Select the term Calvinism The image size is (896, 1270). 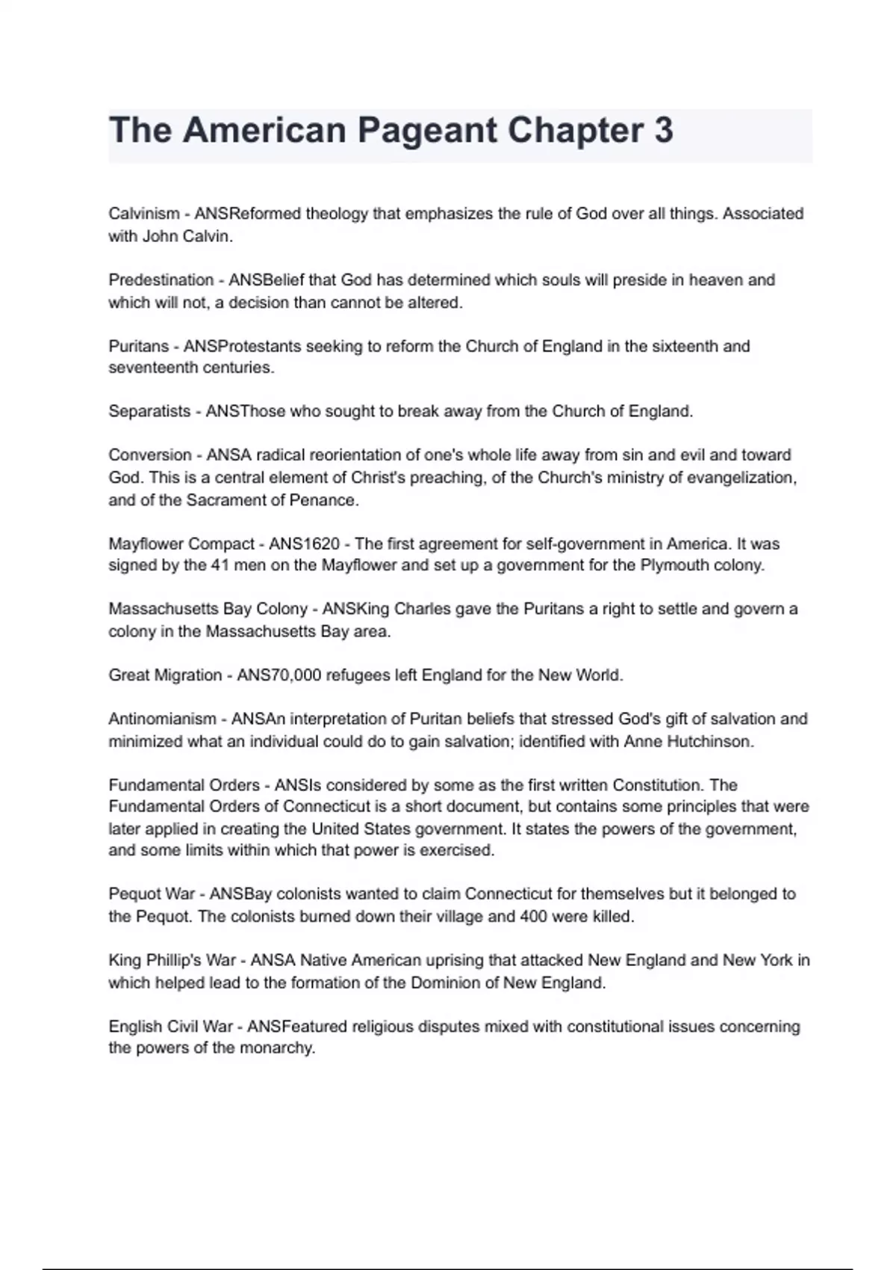[x=144, y=214]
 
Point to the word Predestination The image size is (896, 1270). [x=161, y=280]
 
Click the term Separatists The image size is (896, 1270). [x=149, y=411]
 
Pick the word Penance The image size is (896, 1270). [x=328, y=501]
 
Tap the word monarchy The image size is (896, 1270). [x=281, y=1048]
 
